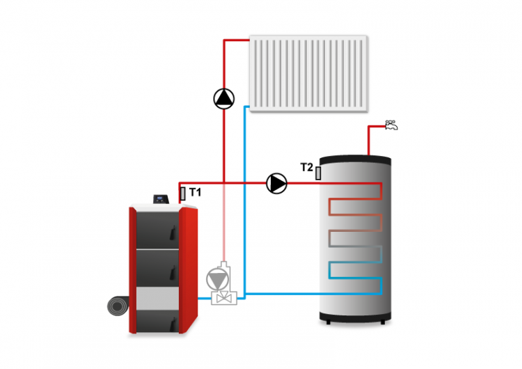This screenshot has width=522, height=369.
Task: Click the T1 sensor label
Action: (195, 191)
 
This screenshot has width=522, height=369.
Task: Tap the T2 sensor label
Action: (306, 167)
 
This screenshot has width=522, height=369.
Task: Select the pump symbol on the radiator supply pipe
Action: (225, 99)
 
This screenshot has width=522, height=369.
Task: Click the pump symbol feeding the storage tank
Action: (277, 183)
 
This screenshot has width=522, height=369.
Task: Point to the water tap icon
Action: (392, 125)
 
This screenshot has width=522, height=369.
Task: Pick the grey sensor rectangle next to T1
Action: (183, 193)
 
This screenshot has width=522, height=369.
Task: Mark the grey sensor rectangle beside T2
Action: (318, 172)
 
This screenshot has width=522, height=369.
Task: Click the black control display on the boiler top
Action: (162, 198)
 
